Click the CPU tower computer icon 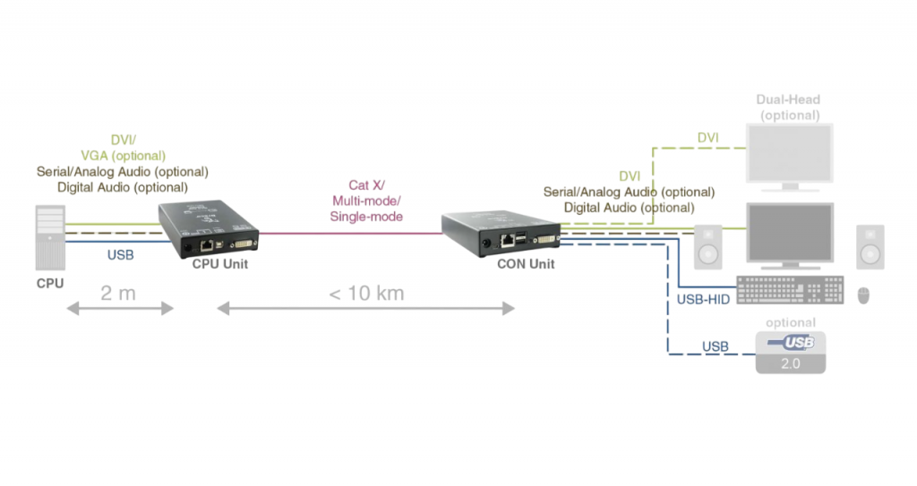tap(50, 236)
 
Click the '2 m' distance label tap(119, 293)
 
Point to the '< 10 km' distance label tap(365, 293)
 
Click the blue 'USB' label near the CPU tap(120, 255)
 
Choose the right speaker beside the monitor tap(870, 246)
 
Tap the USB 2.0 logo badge tap(790, 352)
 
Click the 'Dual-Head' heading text tap(788, 100)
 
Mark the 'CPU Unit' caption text tap(219, 264)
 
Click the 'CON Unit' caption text tap(526, 264)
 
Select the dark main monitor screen tap(790, 231)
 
